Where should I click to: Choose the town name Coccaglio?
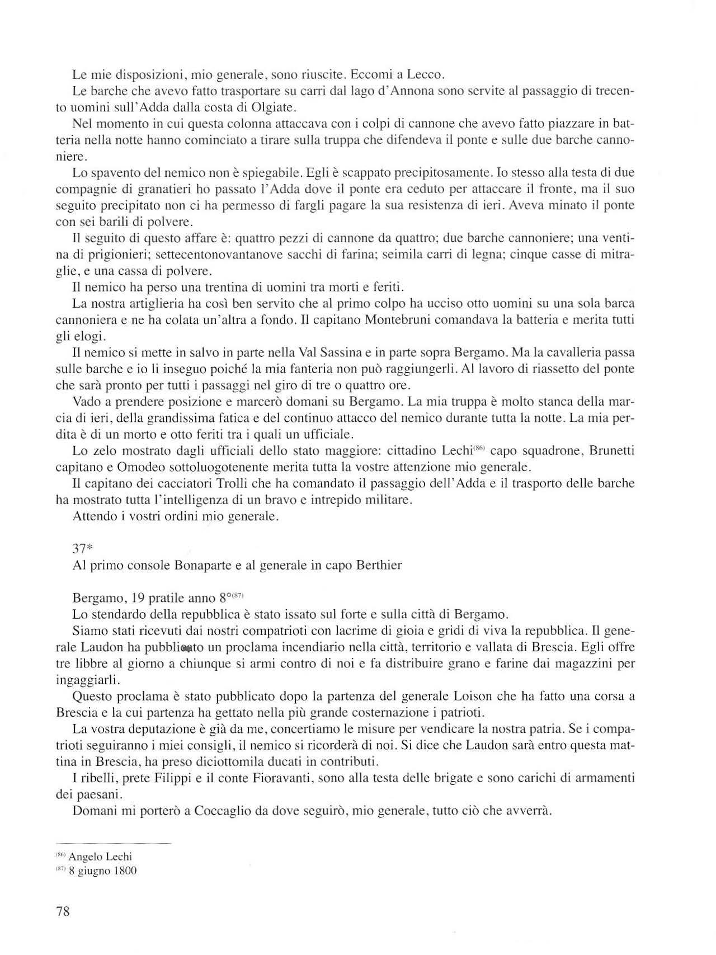(223, 811)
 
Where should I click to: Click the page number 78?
(63, 911)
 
